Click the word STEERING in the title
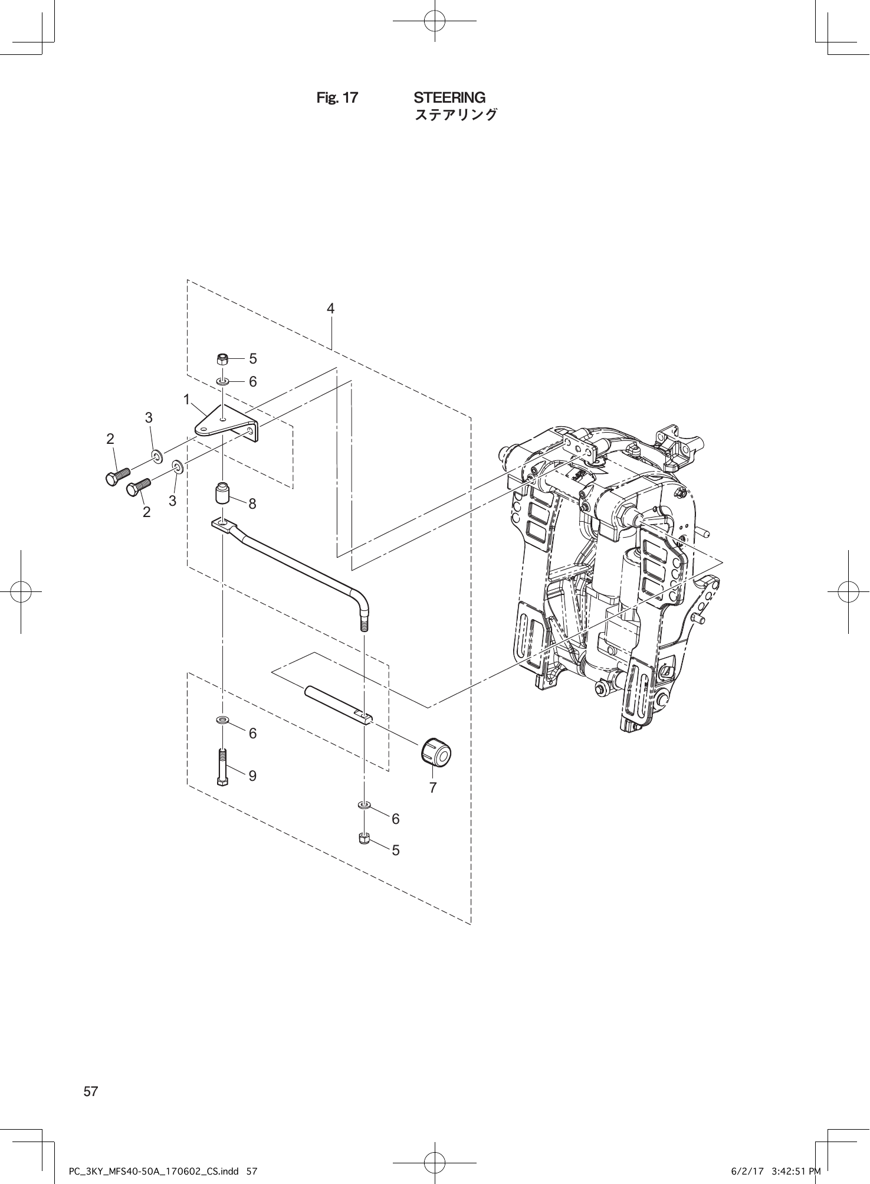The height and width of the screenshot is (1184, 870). coord(449,97)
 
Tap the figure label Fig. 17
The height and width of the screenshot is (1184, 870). coord(337,98)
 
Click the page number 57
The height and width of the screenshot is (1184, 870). coord(91,1091)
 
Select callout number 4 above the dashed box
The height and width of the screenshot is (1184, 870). coord(331,308)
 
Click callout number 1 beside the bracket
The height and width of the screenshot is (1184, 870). coord(186,400)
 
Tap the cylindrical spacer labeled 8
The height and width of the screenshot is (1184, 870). coord(222,493)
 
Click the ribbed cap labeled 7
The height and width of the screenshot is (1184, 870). coord(436,751)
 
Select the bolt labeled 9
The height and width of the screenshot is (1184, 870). coord(222,767)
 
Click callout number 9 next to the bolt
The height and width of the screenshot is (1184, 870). coord(252,776)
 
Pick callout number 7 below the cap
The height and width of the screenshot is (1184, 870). coord(433,787)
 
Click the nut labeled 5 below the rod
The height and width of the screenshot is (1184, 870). coord(364,838)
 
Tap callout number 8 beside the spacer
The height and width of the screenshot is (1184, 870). coord(252,503)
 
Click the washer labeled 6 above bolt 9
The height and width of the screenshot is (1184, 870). coord(222,720)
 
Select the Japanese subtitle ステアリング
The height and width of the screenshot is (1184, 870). coord(456,115)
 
